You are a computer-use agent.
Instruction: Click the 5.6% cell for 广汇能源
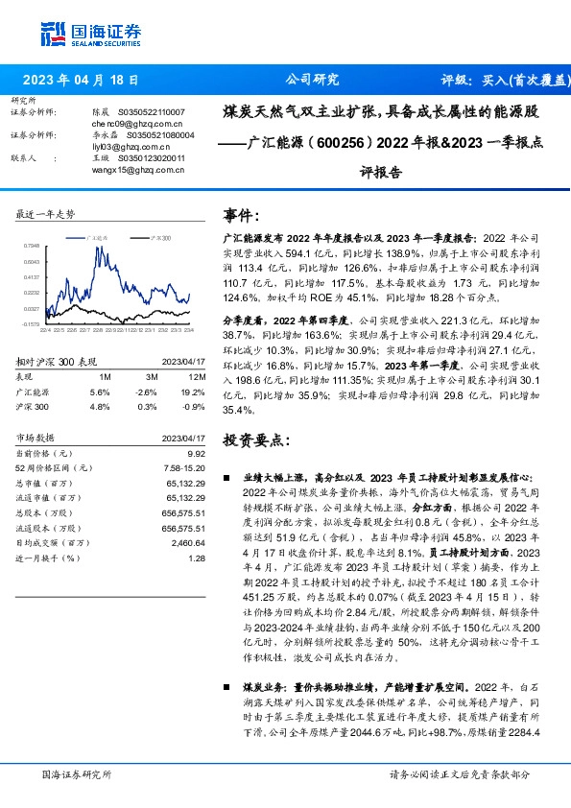pos(100,392)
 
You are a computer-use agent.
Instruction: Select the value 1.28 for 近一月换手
pos(198,558)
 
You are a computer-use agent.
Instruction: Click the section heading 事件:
pos(241,215)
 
